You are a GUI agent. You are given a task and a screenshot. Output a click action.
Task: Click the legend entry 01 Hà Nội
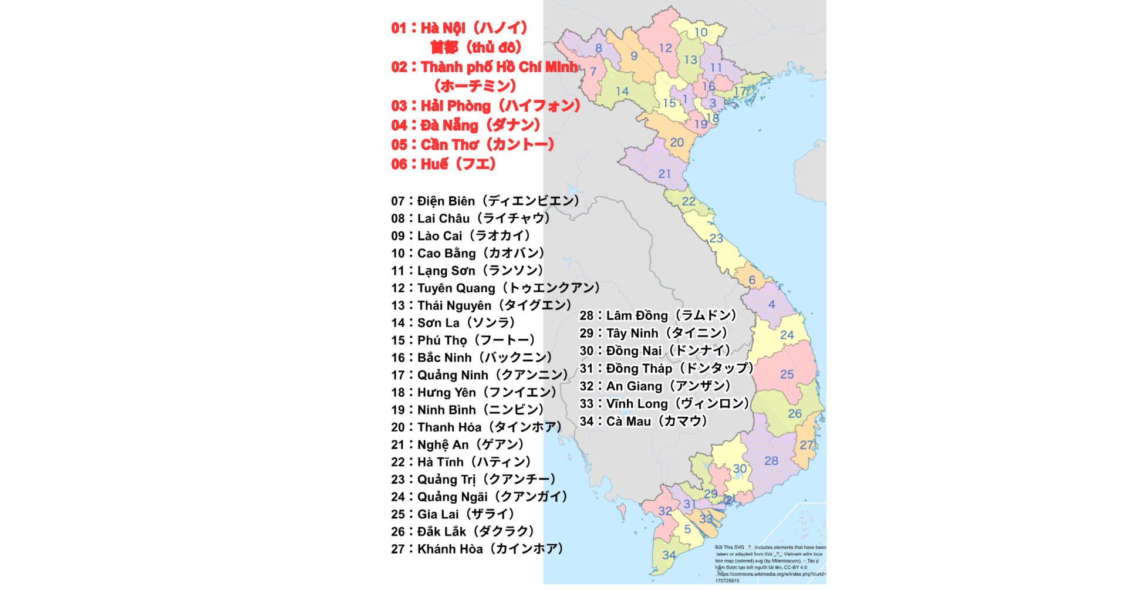click(459, 28)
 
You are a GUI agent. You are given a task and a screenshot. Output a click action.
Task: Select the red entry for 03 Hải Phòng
click(485, 106)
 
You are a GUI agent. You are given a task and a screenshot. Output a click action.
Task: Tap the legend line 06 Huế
click(443, 164)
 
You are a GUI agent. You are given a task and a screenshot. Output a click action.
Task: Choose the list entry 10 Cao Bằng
click(468, 253)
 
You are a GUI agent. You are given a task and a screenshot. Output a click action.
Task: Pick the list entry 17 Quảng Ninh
click(479, 375)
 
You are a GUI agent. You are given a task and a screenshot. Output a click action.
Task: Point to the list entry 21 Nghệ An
click(457, 445)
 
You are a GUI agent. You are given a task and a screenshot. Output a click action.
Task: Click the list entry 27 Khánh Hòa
click(477, 549)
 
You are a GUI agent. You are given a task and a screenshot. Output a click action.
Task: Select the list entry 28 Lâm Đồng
click(657, 316)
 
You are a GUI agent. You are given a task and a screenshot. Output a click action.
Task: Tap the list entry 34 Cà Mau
click(643, 422)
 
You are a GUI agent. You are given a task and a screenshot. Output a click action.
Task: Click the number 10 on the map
click(701, 32)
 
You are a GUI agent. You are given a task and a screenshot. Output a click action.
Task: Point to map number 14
click(622, 91)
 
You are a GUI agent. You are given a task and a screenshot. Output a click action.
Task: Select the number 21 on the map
click(664, 174)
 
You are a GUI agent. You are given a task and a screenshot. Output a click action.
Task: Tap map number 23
click(716, 238)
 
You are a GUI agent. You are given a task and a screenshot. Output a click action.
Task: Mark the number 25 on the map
click(787, 374)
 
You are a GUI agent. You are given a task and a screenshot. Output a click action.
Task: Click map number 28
click(771, 461)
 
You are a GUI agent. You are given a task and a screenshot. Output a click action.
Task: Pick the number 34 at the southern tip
click(669, 555)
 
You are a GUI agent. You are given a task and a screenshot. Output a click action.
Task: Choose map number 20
click(677, 142)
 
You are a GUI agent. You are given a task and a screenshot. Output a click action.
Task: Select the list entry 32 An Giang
click(654, 386)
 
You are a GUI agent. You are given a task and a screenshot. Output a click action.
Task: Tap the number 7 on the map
click(593, 72)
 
